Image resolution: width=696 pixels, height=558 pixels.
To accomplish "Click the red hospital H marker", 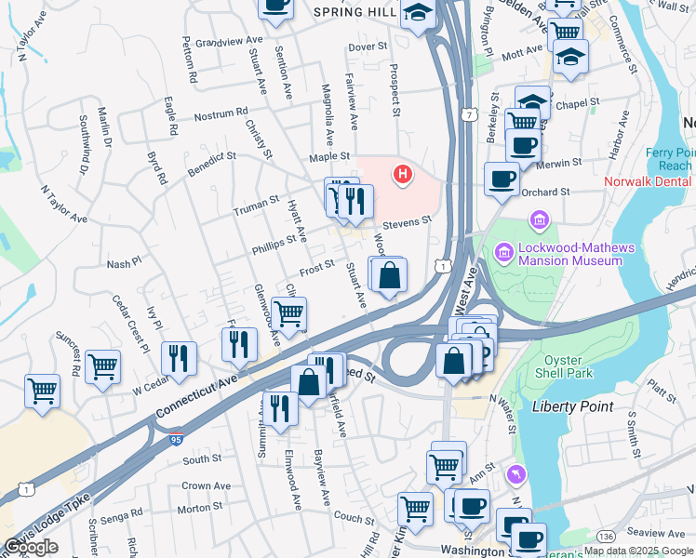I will tap(403, 174).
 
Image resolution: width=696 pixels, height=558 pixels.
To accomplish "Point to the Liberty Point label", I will tap(572, 406).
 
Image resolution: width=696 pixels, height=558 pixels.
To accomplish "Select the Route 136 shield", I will tap(606, 537).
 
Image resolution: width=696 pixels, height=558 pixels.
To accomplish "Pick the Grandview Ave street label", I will tap(223, 42).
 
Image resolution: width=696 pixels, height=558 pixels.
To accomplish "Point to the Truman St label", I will tap(256, 206).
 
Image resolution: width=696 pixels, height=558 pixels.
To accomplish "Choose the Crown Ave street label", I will tap(206, 485).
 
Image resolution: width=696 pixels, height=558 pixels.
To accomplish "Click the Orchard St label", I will tap(545, 193).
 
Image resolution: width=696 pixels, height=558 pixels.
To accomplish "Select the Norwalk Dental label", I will tap(648, 181).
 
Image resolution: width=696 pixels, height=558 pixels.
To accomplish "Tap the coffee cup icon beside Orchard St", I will tap(502, 179).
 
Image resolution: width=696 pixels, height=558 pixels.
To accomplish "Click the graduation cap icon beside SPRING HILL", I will tap(418, 14).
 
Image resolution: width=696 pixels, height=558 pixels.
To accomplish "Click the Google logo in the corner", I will tap(31, 547).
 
